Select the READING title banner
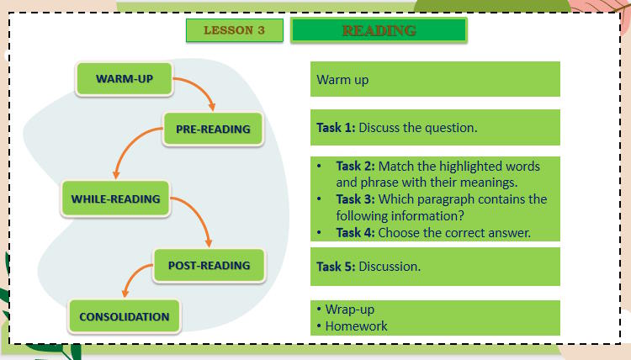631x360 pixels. [379, 30]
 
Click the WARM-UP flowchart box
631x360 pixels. [125, 78]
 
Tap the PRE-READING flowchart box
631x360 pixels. [213, 130]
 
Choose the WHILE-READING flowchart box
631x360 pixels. [115, 199]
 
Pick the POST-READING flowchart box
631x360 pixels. [209, 265]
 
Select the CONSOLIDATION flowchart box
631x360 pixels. [124, 317]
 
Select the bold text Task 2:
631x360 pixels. [355, 166]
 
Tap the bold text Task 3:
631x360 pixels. [355, 199]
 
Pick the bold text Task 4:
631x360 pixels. [355, 233]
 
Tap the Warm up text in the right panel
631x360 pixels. [342, 81]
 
